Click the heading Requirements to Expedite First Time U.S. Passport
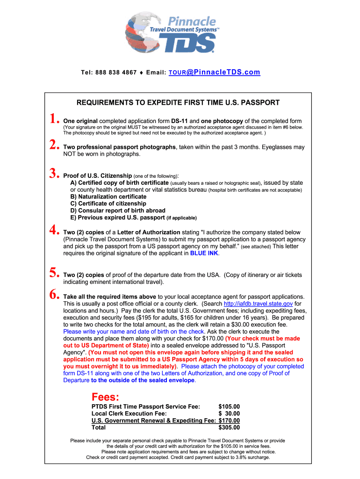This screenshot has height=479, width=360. [x=178, y=102]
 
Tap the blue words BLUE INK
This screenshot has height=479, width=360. [x=204, y=253]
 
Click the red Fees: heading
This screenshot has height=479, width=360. [x=105, y=397]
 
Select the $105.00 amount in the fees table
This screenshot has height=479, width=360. [x=229, y=406]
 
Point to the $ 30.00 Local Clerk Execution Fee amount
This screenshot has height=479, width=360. [x=229, y=414]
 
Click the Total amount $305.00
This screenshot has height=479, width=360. [x=229, y=427]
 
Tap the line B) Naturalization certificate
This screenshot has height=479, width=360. [x=108, y=196]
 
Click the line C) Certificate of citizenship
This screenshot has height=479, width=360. [x=108, y=203]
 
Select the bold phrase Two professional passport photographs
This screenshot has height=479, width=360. [x=119, y=147]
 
